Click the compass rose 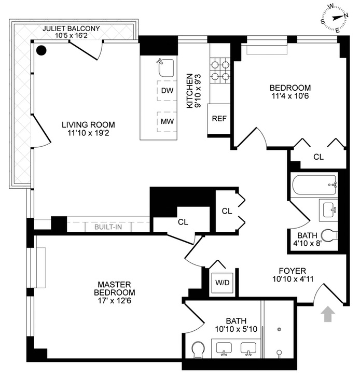335,18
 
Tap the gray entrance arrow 328,314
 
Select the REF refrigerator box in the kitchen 219,119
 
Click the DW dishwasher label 167,91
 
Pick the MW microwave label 167,121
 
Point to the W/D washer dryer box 222,283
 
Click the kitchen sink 165,68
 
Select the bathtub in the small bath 315,185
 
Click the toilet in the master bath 198,350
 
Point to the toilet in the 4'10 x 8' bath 329,235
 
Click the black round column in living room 41,50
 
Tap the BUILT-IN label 108,227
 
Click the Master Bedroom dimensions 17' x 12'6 114,301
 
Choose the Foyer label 292,271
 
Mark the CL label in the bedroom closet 318,157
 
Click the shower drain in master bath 279,329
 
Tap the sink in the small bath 328,210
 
